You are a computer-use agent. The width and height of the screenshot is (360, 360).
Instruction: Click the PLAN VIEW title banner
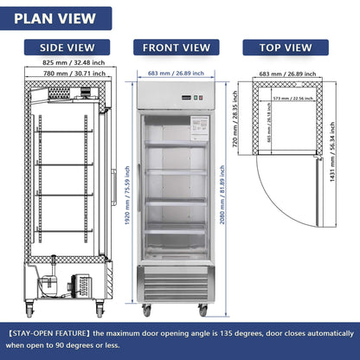[57, 17]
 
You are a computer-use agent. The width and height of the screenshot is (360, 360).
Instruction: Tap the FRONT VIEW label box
[176, 48]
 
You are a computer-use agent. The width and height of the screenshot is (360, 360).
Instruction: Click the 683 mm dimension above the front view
[176, 74]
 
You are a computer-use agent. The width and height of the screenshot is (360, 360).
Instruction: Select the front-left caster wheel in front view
[146, 310]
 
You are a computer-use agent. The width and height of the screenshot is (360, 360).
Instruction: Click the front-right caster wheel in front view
[203, 310]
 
